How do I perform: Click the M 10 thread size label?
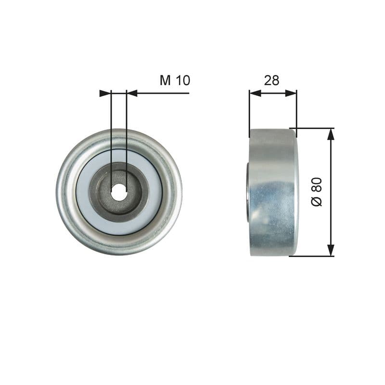[175, 80]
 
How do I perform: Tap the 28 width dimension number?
[271, 80]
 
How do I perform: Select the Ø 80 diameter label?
[317, 192]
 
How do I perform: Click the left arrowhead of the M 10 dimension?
[105, 93]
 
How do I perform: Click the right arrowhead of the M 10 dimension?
[132, 93]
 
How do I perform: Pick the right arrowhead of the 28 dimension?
[291, 93]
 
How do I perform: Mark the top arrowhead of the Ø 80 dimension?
[331, 134]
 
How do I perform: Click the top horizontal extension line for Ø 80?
[315, 128]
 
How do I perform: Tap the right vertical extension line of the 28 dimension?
[296, 111]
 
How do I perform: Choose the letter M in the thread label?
[166, 80]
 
